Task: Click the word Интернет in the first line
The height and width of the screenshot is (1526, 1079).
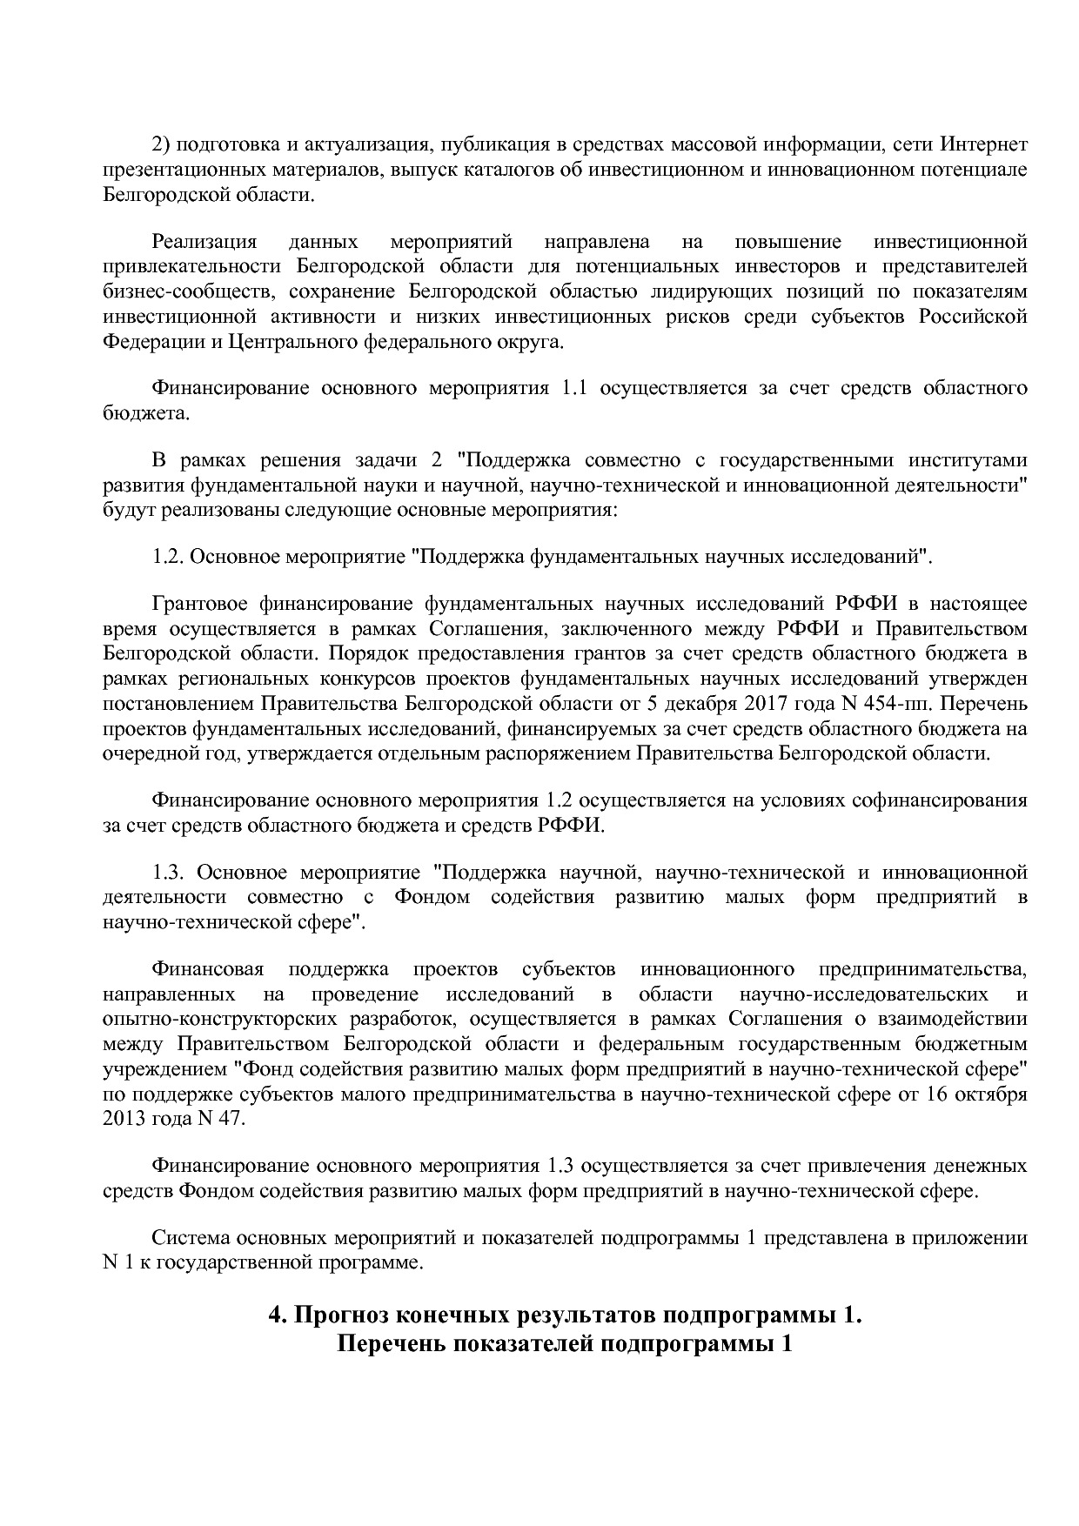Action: point(985,144)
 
